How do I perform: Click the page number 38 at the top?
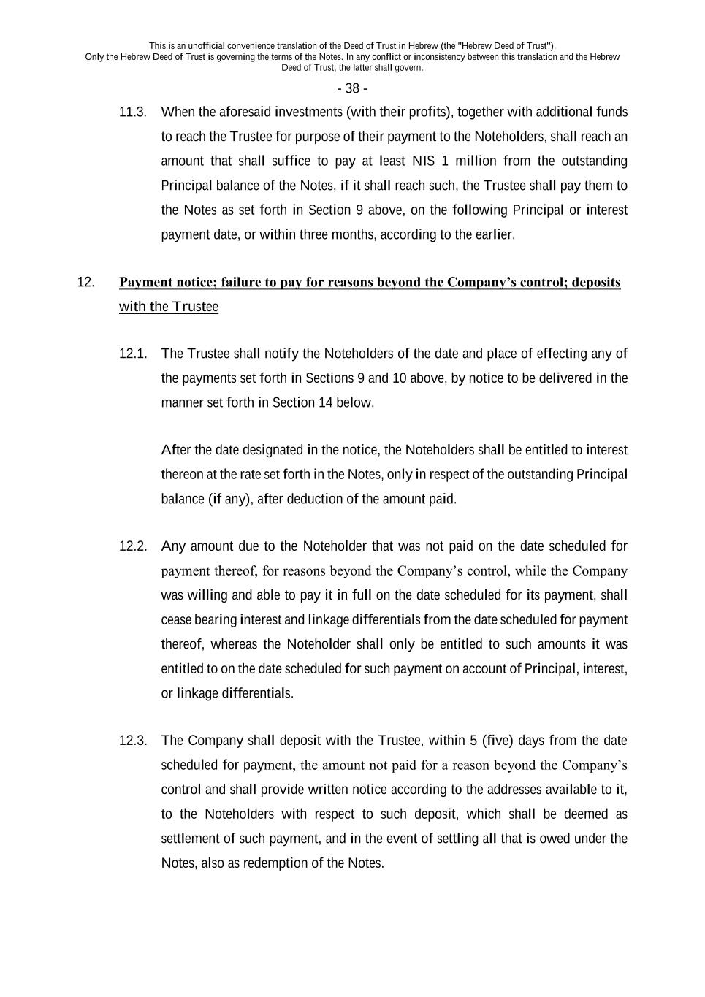pyautogui.click(x=352, y=88)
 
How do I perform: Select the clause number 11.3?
pyautogui.click(x=133, y=112)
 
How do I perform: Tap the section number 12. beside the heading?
pyautogui.click(x=85, y=282)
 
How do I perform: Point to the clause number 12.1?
pyautogui.click(x=133, y=354)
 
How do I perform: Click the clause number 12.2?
pyautogui.click(x=133, y=546)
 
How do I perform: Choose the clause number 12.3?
pyautogui.click(x=133, y=741)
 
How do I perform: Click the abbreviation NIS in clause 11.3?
pyautogui.click(x=423, y=161)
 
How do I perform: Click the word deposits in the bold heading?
pyautogui.click(x=596, y=282)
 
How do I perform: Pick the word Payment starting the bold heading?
pyautogui.click(x=146, y=282)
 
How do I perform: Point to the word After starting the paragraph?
pyautogui.click(x=176, y=450)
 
